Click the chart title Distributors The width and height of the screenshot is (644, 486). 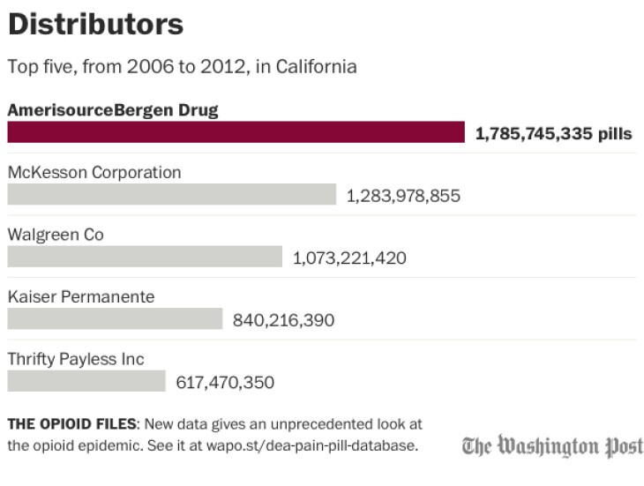(95, 24)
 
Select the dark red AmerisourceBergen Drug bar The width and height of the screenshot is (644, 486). (236, 132)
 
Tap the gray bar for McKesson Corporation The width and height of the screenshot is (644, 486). (172, 194)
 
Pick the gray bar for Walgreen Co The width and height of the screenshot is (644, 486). (146, 257)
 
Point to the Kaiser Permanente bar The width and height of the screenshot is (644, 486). (115, 318)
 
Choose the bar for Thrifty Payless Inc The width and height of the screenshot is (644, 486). (86, 381)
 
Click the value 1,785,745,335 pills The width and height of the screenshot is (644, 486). (553, 134)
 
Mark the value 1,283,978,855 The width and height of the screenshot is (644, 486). (403, 196)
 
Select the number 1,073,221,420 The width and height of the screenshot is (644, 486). (349, 258)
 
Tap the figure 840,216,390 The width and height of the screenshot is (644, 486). (283, 319)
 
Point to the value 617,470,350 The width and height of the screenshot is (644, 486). (225, 382)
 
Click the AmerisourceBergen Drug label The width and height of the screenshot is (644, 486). (113, 110)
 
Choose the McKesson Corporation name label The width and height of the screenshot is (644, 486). (94, 173)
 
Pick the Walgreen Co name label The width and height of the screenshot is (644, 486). (56, 235)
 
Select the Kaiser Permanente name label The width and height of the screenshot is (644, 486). (81, 297)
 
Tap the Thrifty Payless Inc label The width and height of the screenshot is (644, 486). (76, 359)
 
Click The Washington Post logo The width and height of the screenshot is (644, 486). (552, 445)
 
